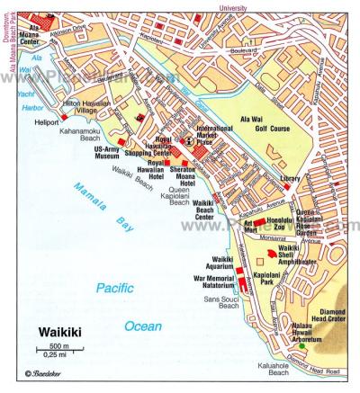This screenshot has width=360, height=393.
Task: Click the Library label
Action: coord(290,179)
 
